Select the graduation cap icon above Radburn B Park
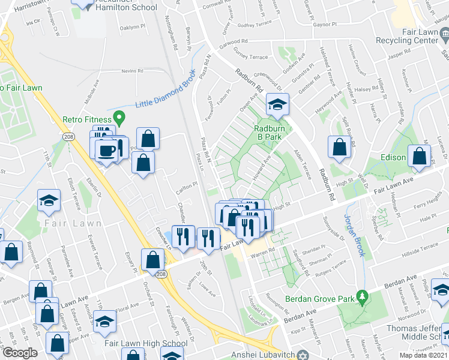pyautogui.click(x=277, y=105)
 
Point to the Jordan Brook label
pyautogui.click(x=354, y=235)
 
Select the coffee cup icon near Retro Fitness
pyautogui.click(x=106, y=151)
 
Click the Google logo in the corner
pyautogui.click(x=19, y=352)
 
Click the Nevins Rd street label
pyautogui.click(x=132, y=71)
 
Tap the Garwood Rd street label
pyautogui.click(x=234, y=42)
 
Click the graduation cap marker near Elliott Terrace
pyautogui.click(x=49, y=201)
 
